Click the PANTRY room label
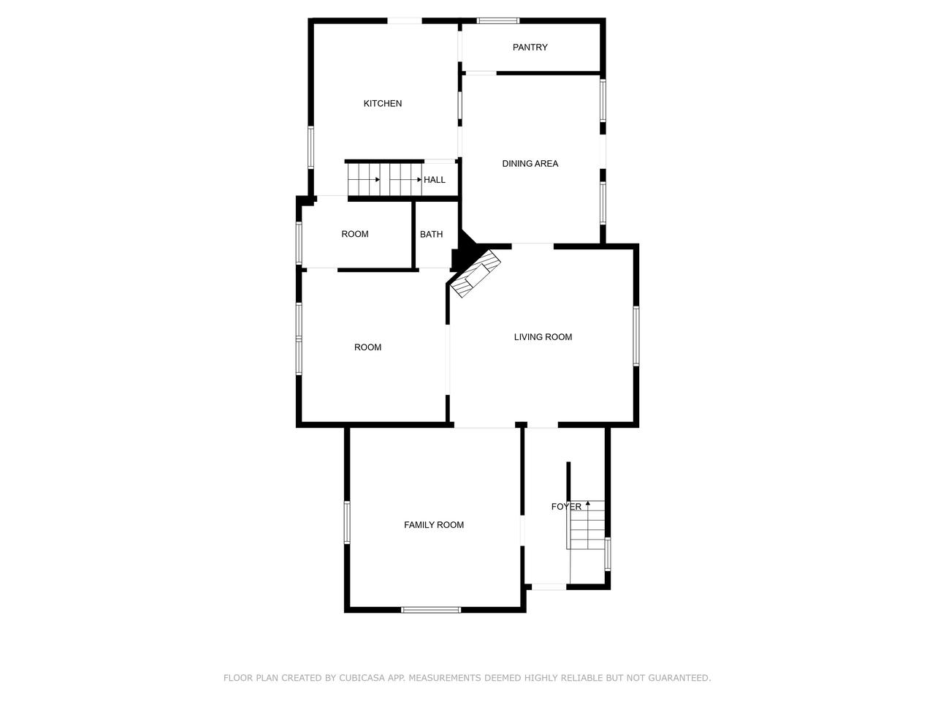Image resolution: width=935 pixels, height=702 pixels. [x=530, y=48]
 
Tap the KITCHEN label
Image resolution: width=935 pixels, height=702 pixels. [x=383, y=104]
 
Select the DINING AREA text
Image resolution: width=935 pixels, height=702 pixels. [x=530, y=164]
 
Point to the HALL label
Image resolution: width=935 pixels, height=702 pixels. [x=435, y=180]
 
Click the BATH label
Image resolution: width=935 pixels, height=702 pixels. [x=431, y=235]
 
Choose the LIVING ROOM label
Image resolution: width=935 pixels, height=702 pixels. [x=543, y=337]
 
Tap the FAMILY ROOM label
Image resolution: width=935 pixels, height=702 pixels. [x=434, y=525]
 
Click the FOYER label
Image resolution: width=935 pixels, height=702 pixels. [x=566, y=507]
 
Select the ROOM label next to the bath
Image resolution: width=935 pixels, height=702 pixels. [x=355, y=234]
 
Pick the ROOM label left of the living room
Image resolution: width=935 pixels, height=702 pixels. [x=367, y=347]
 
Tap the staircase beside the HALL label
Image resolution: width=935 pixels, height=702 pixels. [x=384, y=180]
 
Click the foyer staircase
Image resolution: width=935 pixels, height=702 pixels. [x=587, y=526]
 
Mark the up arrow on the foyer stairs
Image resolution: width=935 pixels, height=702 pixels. [x=588, y=503]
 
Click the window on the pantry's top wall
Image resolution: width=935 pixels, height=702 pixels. [x=498, y=20]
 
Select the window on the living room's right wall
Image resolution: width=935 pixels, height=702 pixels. [x=636, y=336]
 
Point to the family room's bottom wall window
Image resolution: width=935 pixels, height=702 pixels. [x=431, y=609]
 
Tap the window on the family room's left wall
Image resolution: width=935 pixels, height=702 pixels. [x=348, y=522]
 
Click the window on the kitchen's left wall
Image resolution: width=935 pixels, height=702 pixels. [x=310, y=148]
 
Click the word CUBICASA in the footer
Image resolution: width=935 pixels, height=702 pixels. [x=365, y=679]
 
